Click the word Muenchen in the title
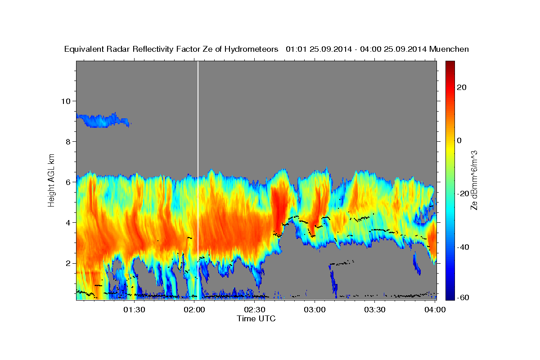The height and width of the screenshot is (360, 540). point(449,49)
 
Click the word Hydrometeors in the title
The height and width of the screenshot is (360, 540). point(252,49)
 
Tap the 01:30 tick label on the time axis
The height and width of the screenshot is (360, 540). point(134,310)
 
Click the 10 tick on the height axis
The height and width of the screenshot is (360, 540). point(65,101)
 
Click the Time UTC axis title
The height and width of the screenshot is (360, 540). point(256,319)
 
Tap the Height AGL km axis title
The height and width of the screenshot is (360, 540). point(52,180)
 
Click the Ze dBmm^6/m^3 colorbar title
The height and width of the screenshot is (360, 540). point(474,180)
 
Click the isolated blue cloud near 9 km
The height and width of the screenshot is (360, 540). point(101,121)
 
